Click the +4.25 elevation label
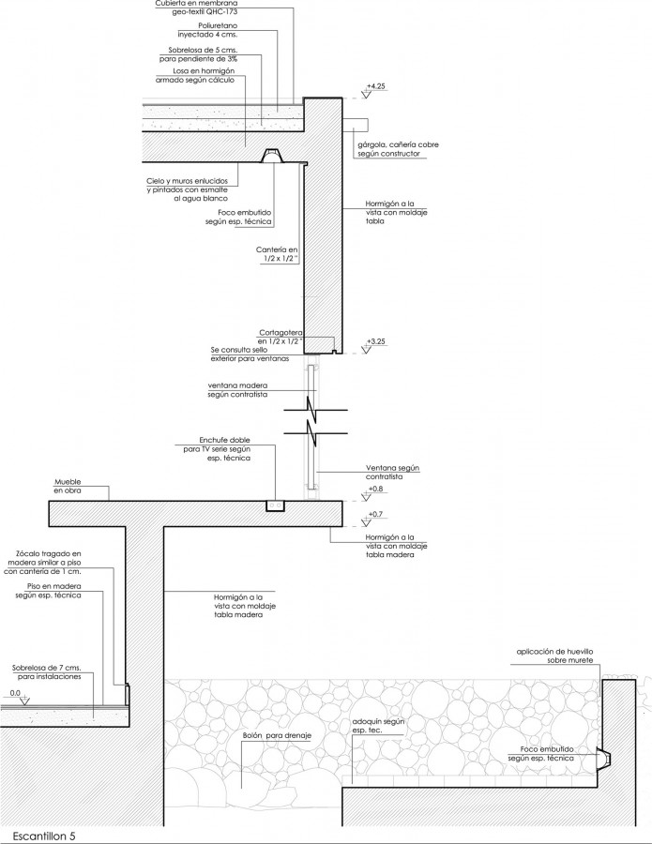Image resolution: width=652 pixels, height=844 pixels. [376, 86]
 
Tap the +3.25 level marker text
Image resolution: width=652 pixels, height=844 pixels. [376, 341]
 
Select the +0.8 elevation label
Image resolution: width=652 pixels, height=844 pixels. [375, 490]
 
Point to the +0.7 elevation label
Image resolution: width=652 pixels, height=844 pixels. [375, 515]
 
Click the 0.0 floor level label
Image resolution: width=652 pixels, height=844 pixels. [15, 693]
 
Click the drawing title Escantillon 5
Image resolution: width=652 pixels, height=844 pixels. [44, 836]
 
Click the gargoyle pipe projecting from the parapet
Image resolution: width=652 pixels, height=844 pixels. [355, 124]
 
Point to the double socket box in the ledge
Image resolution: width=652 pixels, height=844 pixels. [276, 506]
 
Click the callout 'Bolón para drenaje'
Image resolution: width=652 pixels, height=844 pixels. [277, 736]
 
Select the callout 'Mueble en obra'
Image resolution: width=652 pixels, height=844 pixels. [68, 487]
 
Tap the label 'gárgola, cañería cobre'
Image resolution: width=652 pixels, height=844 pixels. [398, 144]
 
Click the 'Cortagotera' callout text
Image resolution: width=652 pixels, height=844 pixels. [281, 333]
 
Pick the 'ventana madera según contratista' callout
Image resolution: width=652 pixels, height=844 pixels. [237, 390]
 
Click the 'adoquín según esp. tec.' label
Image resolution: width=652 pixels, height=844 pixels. [378, 726]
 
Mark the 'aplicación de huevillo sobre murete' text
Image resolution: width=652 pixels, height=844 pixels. [555, 656]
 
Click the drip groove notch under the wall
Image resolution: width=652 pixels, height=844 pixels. [334, 352]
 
